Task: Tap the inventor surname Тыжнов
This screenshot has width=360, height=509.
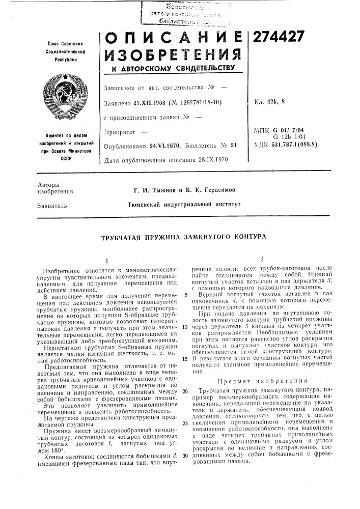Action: [159, 190]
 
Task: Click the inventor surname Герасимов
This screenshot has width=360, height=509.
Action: [209, 190]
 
